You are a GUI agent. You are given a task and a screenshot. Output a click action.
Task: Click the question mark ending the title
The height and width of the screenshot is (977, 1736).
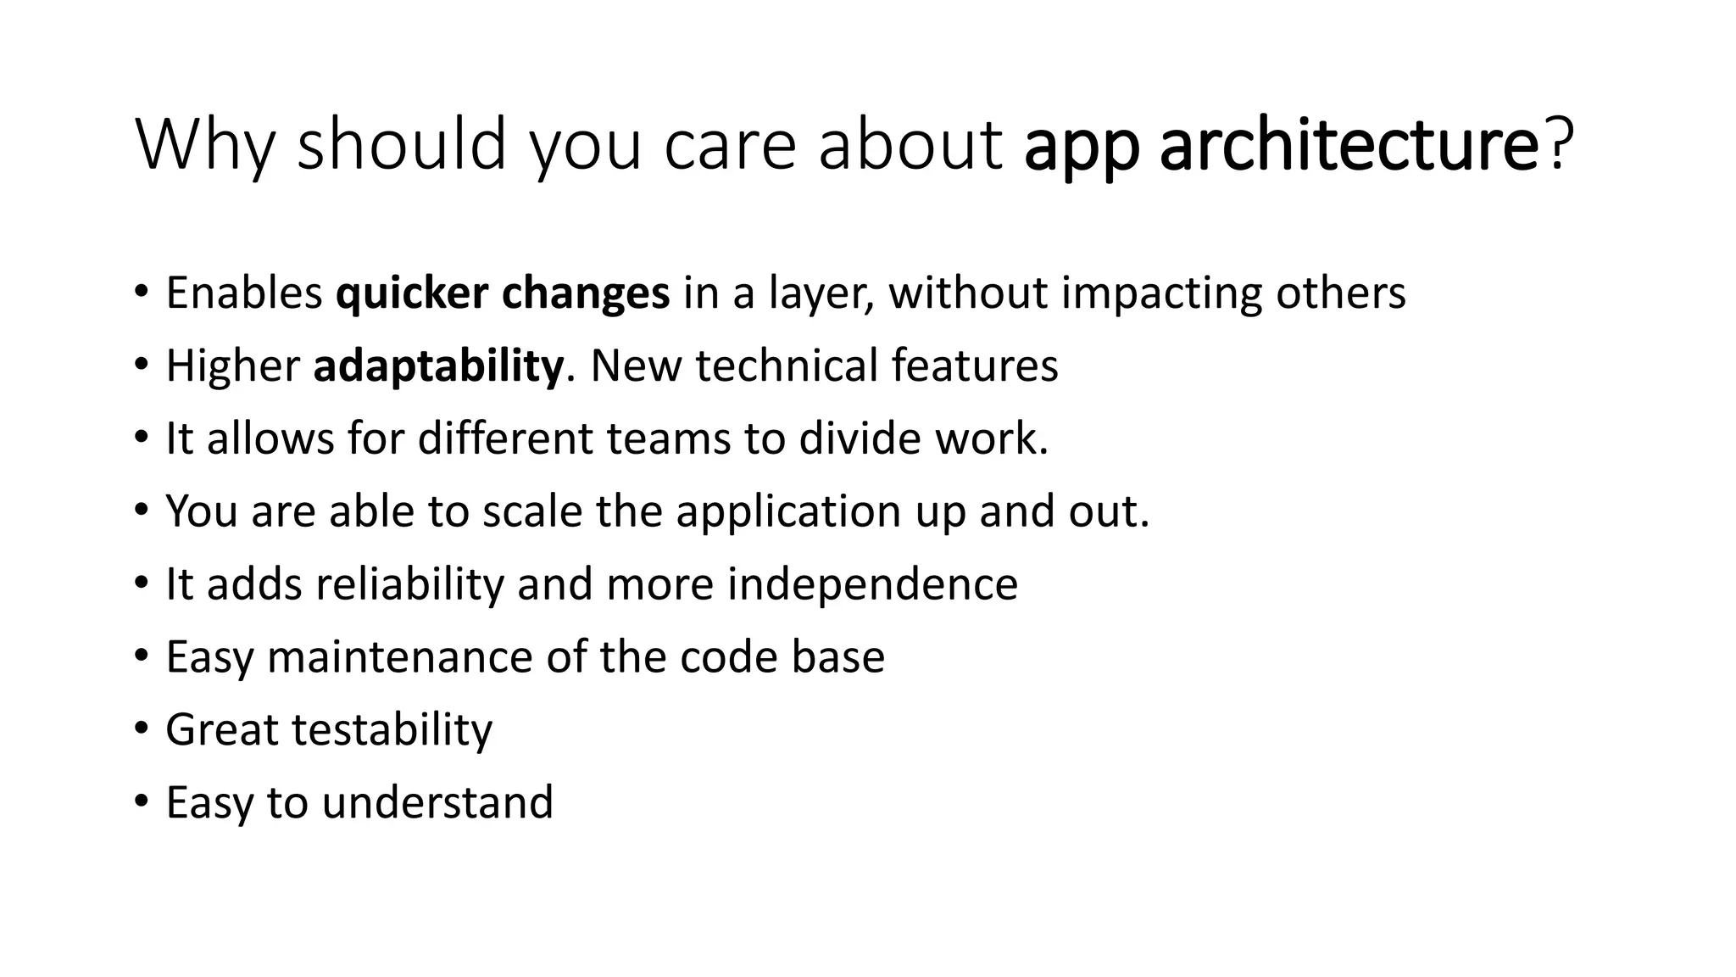[x=1559, y=144]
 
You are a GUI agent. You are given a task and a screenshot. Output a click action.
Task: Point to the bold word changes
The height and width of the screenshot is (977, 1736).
[x=586, y=294]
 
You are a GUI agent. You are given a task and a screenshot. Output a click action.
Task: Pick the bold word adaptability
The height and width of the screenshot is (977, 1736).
[x=437, y=366]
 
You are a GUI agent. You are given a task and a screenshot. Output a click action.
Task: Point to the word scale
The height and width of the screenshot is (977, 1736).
[x=532, y=512]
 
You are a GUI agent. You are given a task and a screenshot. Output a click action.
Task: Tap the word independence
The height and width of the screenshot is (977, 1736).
[x=872, y=585]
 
